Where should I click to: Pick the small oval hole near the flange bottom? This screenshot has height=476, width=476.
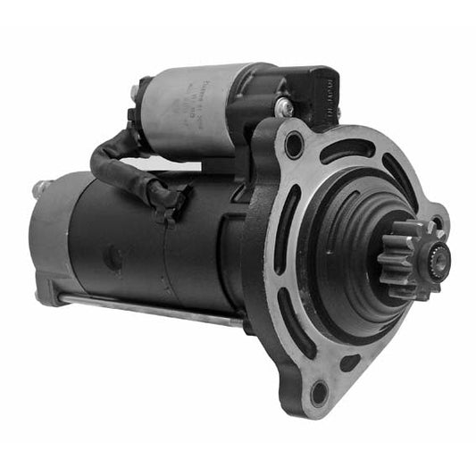(351, 362)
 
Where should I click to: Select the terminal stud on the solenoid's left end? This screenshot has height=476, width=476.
(135, 92)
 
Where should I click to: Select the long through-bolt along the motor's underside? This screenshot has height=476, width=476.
(152, 308)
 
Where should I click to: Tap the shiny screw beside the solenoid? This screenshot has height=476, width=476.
(285, 107)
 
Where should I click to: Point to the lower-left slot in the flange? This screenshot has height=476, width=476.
(294, 322)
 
